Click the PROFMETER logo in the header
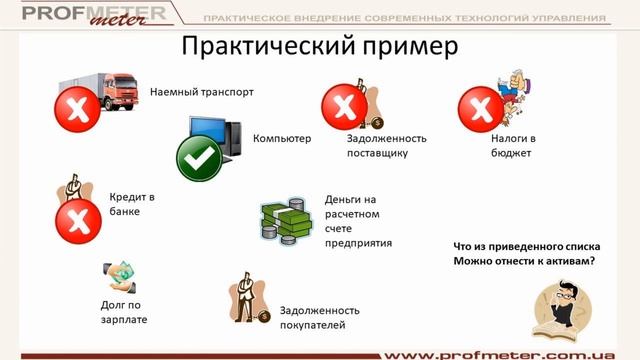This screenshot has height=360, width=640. [x=85, y=18]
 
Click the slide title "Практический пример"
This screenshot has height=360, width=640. [x=319, y=47]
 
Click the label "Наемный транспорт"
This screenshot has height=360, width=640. [x=201, y=92]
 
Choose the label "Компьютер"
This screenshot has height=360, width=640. [x=283, y=138]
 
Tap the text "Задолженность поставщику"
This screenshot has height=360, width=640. [x=387, y=146]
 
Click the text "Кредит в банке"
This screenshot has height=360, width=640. [x=132, y=205]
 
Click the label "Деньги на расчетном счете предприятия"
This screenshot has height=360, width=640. [x=357, y=220]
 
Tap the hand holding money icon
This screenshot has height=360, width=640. [x=119, y=275]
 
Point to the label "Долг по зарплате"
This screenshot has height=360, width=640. [x=123, y=310]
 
